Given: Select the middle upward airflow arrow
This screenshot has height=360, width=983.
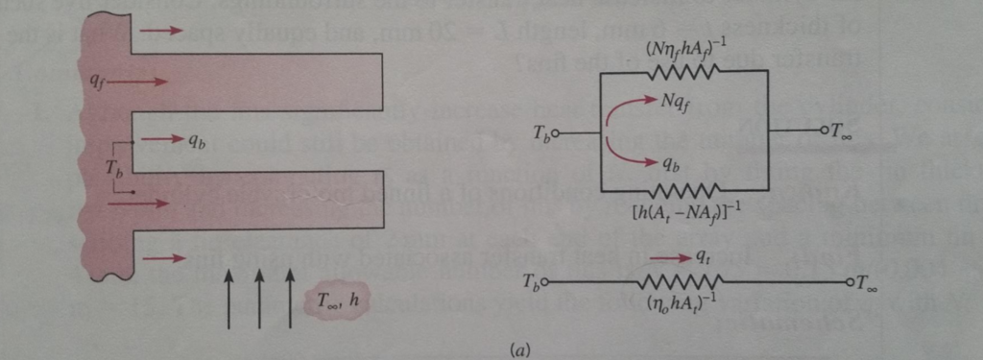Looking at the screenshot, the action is pyautogui.click(x=259, y=297).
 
